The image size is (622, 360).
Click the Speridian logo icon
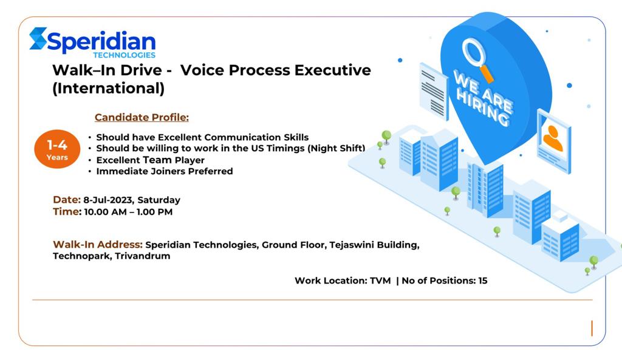pos(38,38)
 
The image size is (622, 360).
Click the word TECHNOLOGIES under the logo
pos(124,55)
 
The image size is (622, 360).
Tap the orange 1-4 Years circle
pos(57,149)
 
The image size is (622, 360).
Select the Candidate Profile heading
pos(142,117)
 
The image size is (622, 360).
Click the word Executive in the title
pos(332,70)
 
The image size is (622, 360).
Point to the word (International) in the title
pos(108,88)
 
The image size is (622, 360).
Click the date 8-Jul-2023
pos(108,200)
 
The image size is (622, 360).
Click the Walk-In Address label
pos(98,244)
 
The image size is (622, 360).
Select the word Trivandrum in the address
pos(142,256)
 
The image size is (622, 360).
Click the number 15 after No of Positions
pos(483,280)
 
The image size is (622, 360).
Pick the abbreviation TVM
pos(380,280)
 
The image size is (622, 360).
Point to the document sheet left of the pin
pos(434,91)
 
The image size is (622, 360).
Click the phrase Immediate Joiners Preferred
pos(165,171)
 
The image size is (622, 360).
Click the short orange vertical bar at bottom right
pos(592,328)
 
